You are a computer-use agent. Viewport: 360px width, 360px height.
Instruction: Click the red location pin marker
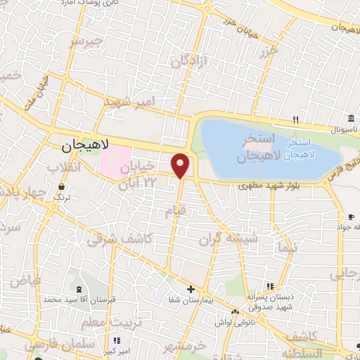click(x=181, y=165)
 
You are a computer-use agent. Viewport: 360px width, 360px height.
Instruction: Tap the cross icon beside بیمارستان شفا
click(x=190, y=289)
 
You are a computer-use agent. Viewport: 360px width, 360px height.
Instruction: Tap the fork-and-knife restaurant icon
click(x=296, y=119)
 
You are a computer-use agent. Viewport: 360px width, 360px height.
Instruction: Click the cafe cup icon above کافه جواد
click(x=351, y=217)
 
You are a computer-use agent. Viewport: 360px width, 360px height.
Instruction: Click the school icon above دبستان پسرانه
click(x=269, y=286)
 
